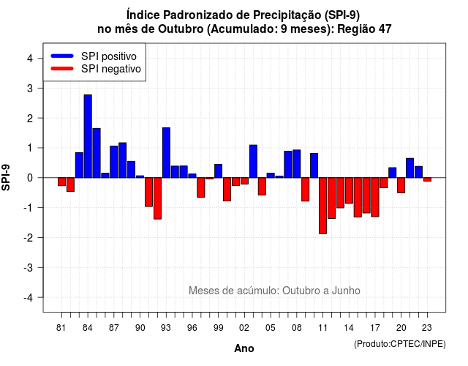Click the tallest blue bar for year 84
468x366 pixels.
[88, 136]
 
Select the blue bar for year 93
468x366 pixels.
[166, 153]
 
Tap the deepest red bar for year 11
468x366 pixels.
[322, 206]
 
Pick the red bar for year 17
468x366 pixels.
[375, 197]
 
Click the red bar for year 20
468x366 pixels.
[401, 185]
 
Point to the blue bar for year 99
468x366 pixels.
[218, 171]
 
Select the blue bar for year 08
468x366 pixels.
[297, 164]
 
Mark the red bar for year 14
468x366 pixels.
[349, 190]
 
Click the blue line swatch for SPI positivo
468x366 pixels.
[62, 56]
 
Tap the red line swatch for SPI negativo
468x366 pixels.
[62, 69]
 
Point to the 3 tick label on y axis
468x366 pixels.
[30, 88]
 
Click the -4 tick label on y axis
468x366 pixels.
[28, 297]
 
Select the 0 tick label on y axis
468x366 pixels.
[30, 178]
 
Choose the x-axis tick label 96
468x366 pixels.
[192, 328]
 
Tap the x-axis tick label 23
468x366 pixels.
[427, 328]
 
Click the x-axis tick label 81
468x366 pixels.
[61, 328]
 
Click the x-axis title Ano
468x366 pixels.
[244, 348]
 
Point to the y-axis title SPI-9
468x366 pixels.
[6, 177]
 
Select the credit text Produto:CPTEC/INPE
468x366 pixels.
[400, 344]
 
